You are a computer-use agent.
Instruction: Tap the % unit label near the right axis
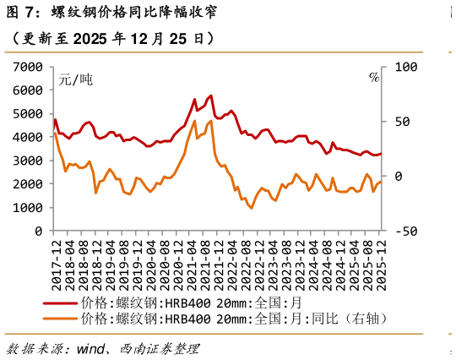[374, 78]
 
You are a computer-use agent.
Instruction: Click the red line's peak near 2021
[210, 95]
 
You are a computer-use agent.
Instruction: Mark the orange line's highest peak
[195, 121]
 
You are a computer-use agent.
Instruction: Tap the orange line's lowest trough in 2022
[252, 208]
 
